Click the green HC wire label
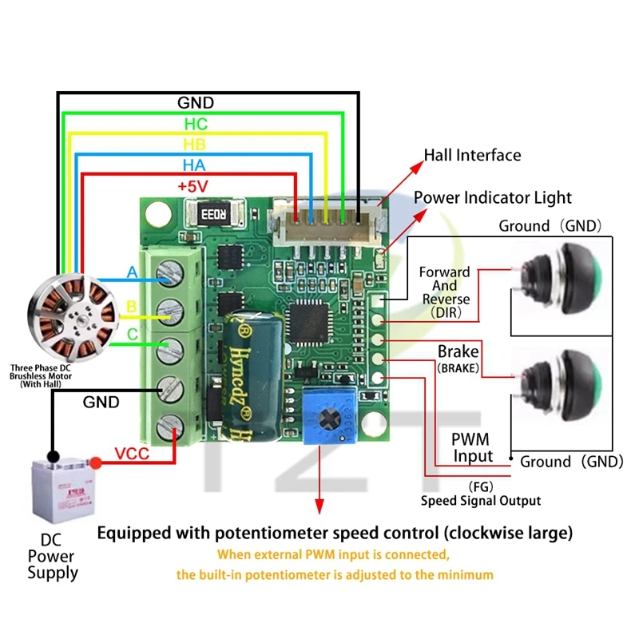pos(196,124)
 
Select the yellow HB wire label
pos(195,144)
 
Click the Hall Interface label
pos(472,155)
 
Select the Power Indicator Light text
pos(492,197)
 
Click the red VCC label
pos(133,454)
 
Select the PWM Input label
pos(472,448)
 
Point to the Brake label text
pos(458,351)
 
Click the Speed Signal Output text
pos(481,500)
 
